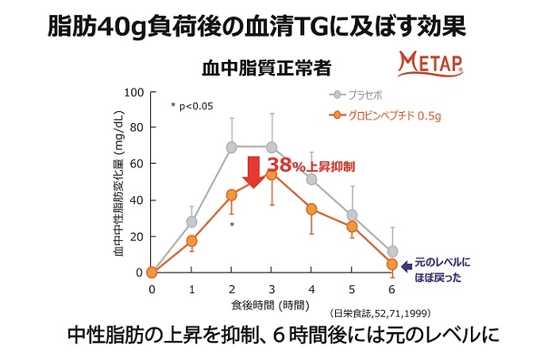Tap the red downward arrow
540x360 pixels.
coord(253,171)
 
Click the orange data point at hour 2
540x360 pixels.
coord(232,195)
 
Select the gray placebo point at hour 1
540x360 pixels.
coord(191,222)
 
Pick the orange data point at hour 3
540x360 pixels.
coord(272,174)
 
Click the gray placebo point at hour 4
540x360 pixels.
coord(311,180)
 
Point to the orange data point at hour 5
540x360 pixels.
coord(352,226)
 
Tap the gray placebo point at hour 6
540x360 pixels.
coord(391,251)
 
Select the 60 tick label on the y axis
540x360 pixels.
coord(136,164)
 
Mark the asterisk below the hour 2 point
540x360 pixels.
coord(232,225)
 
